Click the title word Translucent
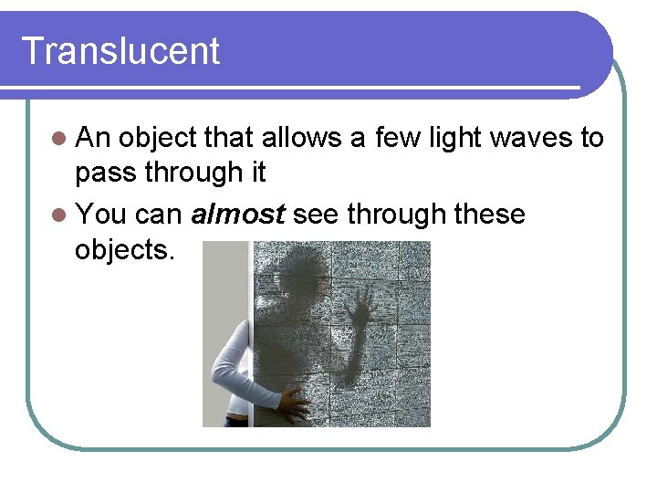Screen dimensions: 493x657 coord(120,51)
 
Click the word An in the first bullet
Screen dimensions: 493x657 coord(93,138)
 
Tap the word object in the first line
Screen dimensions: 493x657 coord(158,138)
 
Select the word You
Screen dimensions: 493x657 coord(101,215)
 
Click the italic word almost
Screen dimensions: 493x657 coord(239,215)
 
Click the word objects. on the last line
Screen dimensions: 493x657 coord(124,250)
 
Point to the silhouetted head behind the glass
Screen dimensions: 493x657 coord(294,273)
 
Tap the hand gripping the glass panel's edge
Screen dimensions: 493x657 coord(294,401)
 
